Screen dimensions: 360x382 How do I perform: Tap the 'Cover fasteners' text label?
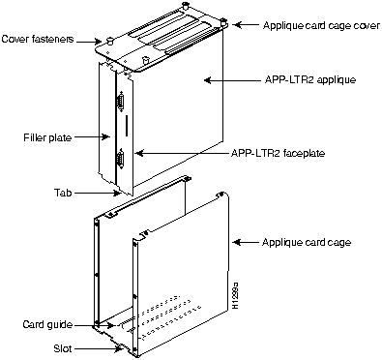point(40,40)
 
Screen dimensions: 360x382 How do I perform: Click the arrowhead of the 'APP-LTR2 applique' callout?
point(209,82)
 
